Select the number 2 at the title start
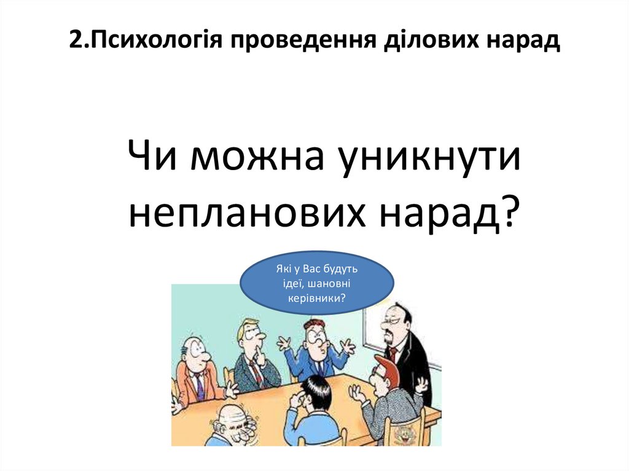point(74,41)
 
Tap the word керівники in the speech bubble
point(316,298)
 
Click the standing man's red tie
point(392,355)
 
